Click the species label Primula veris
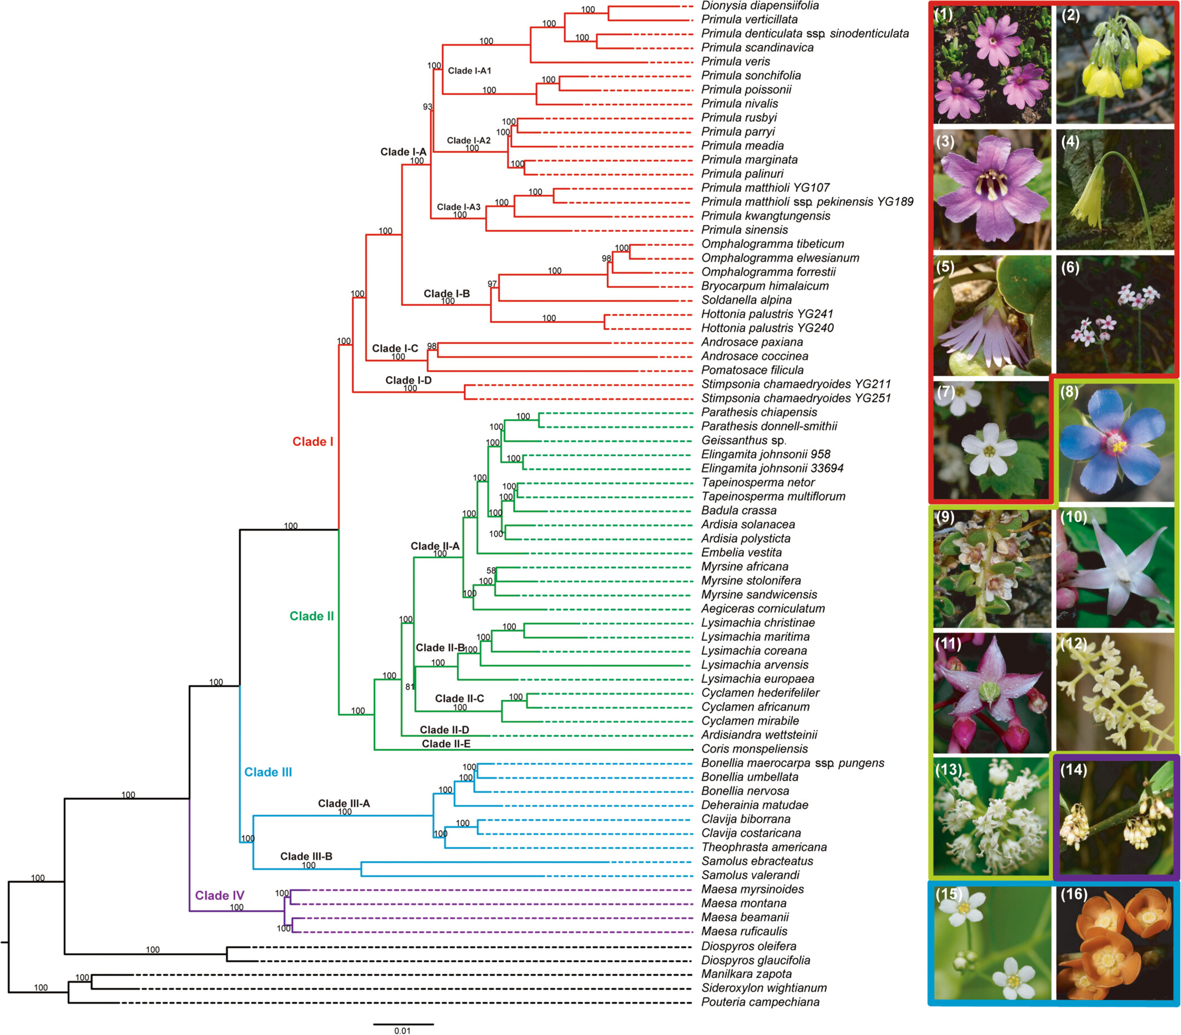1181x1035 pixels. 735,61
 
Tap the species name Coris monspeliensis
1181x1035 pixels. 754,749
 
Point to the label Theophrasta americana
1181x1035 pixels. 764,847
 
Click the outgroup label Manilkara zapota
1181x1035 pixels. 747,974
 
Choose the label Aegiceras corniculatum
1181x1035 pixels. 763,608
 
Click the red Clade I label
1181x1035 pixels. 313,441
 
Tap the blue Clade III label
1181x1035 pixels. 268,772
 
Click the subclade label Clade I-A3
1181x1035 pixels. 458,207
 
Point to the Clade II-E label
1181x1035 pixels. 446,744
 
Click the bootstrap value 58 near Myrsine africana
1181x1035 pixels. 491,570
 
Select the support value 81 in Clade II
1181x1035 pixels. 410,687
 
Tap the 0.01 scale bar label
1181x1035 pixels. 403,1031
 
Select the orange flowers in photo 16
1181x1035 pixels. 1115,946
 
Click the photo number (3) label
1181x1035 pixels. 945,141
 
